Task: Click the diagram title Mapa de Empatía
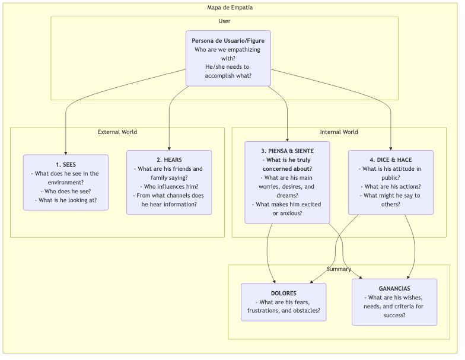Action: [230, 8]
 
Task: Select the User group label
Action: [224, 21]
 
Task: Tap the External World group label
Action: [117, 132]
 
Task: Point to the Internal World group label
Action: [339, 132]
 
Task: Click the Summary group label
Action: [339, 269]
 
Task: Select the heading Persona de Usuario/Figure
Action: [228, 40]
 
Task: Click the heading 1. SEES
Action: [65, 164]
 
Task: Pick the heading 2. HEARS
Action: [169, 160]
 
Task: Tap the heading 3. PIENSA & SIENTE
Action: [288, 151]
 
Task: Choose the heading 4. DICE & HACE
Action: [390, 160]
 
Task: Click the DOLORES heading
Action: [284, 293]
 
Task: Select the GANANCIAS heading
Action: [394, 289]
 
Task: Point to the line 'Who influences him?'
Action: [169, 187]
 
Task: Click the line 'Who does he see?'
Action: [65, 192]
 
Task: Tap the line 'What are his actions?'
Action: [390, 187]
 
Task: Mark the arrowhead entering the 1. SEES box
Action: [65, 152]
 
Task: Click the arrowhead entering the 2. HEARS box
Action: [169, 148]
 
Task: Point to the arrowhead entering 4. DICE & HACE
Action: [391, 148]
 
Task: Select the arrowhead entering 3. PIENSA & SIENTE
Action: [288, 139]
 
